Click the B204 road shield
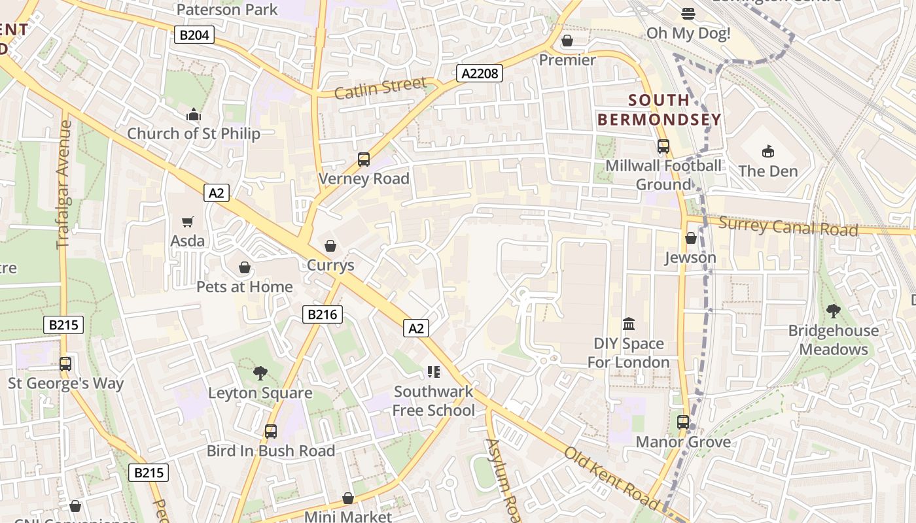(194, 35)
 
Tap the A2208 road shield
(480, 73)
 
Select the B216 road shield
(323, 314)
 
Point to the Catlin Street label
(380, 88)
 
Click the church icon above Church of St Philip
(193, 115)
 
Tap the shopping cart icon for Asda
(188, 222)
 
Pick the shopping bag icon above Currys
(330, 246)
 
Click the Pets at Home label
(245, 286)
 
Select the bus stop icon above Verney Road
(364, 160)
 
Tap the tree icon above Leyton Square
(260, 373)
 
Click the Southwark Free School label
(434, 401)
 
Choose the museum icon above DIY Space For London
(629, 324)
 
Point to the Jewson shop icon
(690, 239)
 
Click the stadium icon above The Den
(768, 152)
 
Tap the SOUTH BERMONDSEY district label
(659, 110)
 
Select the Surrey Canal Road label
(788, 227)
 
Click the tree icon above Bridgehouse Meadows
(833, 311)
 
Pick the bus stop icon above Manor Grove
(683, 422)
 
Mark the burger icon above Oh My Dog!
(688, 13)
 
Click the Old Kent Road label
(611, 478)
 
